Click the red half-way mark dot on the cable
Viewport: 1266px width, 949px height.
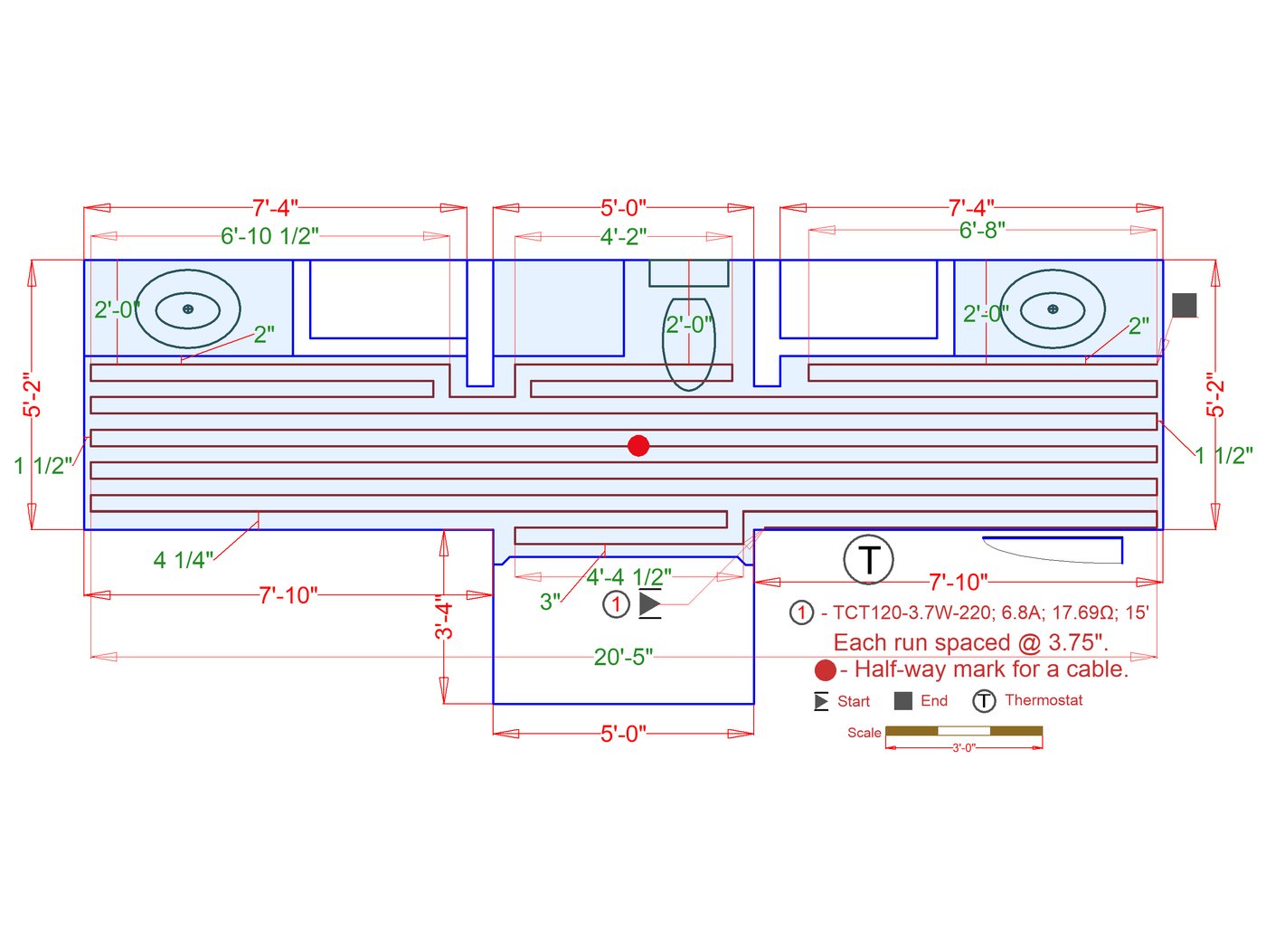(x=638, y=445)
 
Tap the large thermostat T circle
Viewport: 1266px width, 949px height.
(x=868, y=559)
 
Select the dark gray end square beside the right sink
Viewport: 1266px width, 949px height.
(x=1184, y=305)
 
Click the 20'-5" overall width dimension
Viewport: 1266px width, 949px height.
(x=623, y=657)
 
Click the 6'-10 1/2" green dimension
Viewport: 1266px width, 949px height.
(x=269, y=236)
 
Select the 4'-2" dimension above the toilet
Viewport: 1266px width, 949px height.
(x=623, y=236)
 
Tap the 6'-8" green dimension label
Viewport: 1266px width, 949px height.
(x=982, y=230)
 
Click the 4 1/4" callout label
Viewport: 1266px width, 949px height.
(x=184, y=560)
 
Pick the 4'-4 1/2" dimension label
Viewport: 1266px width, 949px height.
(x=628, y=577)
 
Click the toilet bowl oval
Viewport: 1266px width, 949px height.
(x=689, y=345)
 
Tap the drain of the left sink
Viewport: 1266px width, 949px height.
(x=188, y=309)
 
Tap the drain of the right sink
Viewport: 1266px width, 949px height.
(x=1053, y=309)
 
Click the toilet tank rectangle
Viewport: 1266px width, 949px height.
(x=689, y=273)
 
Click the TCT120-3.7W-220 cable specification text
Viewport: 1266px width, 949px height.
(x=912, y=612)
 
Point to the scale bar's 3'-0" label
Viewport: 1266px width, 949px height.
(x=963, y=748)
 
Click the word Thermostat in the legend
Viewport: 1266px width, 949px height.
(x=1044, y=700)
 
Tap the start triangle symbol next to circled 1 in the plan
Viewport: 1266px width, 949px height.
(x=649, y=604)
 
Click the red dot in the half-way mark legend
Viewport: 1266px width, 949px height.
(x=825, y=670)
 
